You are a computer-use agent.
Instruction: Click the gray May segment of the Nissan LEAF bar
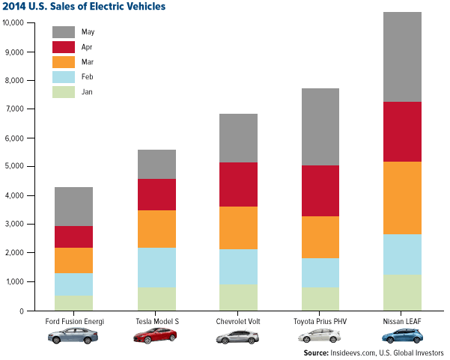402,57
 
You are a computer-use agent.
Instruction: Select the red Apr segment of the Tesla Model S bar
156,195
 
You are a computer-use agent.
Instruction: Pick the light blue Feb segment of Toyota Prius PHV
320,272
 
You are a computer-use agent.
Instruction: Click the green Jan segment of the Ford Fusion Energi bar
73,302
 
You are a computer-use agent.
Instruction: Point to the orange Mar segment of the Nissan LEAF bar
402,198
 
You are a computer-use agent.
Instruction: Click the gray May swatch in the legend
64,32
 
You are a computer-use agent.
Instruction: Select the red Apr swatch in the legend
64,46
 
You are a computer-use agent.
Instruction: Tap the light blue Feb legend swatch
64,76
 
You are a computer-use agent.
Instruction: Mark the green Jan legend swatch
64,91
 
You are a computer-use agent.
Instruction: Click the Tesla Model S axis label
156,322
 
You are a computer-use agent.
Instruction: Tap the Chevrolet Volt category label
237,322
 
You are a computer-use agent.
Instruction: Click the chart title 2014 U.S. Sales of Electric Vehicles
85,7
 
